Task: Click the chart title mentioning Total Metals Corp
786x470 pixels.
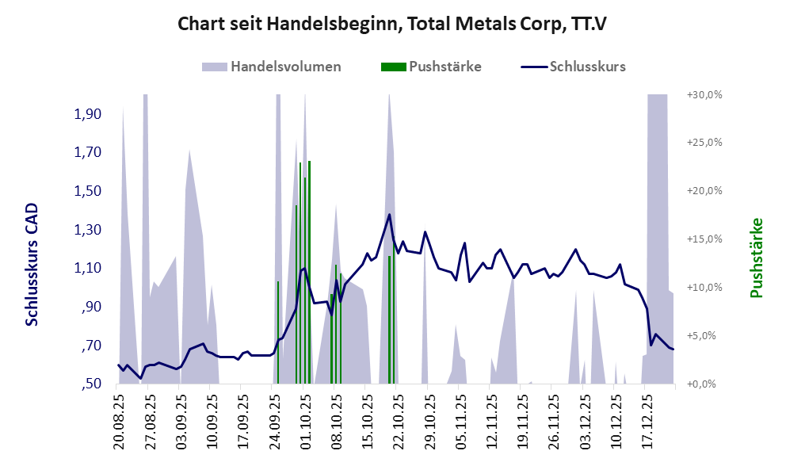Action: (392, 25)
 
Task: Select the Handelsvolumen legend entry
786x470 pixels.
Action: (286, 67)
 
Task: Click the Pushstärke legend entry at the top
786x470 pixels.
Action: (445, 67)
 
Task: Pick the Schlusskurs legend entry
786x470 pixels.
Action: (587, 67)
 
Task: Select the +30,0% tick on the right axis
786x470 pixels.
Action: (706, 94)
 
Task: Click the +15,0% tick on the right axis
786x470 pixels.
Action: (706, 239)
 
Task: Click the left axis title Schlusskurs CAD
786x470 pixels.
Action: (32, 265)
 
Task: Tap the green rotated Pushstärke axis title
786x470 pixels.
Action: (756, 258)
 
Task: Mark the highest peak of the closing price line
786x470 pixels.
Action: (389, 214)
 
